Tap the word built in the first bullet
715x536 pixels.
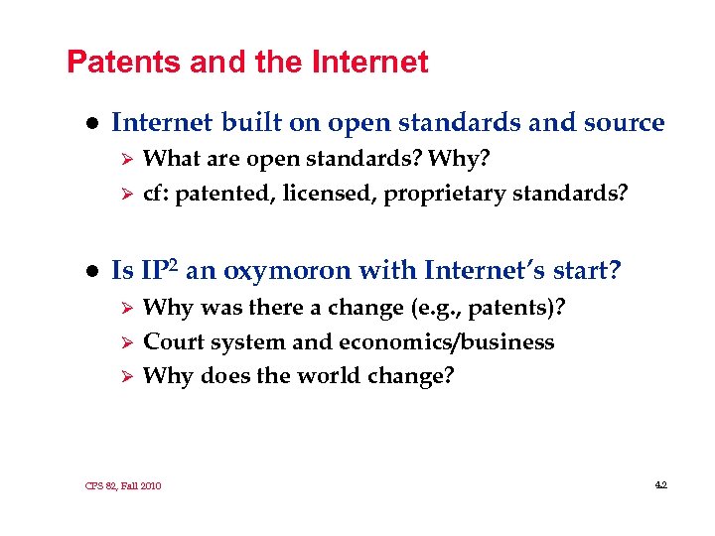pos(252,123)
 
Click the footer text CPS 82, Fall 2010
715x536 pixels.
pos(123,485)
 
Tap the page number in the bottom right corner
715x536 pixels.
pos(660,484)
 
